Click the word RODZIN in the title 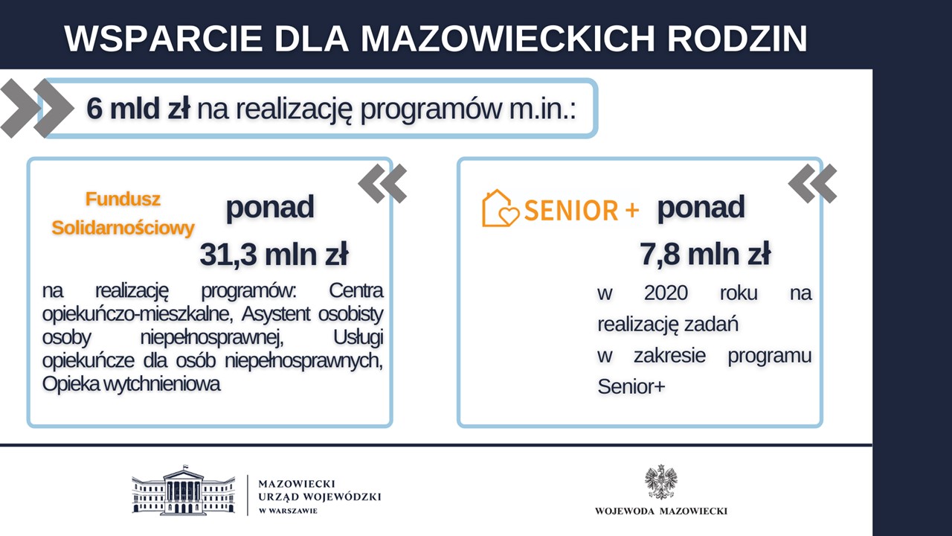click(737, 39)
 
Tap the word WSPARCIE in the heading click(164, 39)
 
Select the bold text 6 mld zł click(138, 108)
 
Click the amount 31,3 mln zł click(274, 255)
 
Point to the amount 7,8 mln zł click(705, 254)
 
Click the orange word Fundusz click(123, 199)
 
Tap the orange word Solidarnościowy click(123, 228)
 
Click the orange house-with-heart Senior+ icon click(501, 208)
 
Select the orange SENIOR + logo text click(582, 210)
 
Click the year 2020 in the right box click(666, 293)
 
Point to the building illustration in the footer click(183, 490)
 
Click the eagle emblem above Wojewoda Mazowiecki click(660, 482)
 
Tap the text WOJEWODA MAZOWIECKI click(661, 511)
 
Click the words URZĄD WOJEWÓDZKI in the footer click(320, 497)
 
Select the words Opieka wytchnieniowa click(132, 383)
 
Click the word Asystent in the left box click(276, 314)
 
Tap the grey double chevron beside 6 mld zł click(37, 109)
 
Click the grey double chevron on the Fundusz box click(382, 183)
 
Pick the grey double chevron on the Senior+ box click(813, 183)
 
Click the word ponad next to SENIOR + click(701, 208)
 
